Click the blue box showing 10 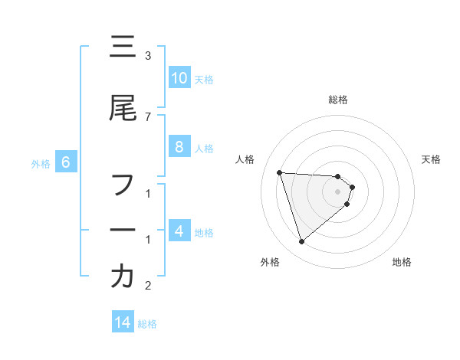point(179,78)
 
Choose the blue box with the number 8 point(179,147)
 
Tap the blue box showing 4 point(179,231)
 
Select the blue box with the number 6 point(66,162)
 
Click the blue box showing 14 point(123,323)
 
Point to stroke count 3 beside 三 point(148,56)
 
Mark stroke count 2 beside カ point(148,286)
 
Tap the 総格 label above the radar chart point(338,100)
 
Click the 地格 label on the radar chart point(402,263)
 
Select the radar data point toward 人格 point(280,172)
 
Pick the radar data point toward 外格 point(301,242)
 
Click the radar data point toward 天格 point(352,187)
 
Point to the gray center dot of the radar point(338,191)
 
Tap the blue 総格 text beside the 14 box point(147,324)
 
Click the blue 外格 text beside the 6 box point(41,163)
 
